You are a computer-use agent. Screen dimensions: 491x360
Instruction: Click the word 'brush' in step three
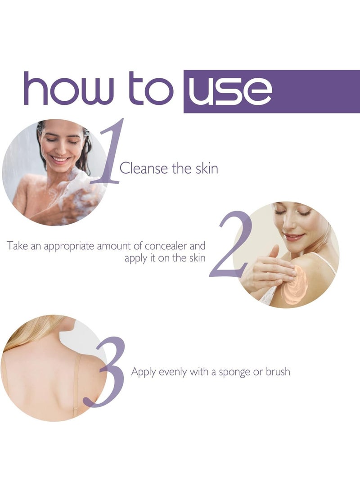pos(278,372)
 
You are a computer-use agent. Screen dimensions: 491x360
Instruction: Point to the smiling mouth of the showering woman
pos(61,159)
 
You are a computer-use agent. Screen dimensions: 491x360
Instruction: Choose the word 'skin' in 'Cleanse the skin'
pos(207,169)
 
